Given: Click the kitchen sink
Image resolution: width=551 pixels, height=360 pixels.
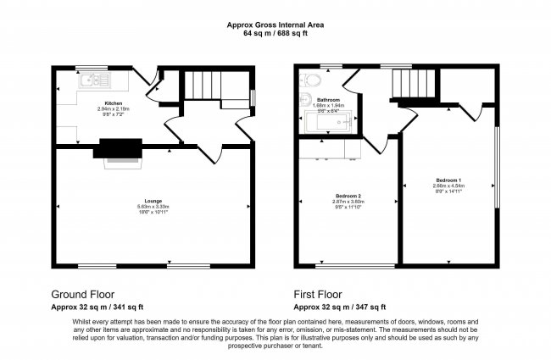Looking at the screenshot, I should point(94,80).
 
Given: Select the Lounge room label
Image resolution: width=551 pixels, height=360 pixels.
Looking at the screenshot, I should point(153,201).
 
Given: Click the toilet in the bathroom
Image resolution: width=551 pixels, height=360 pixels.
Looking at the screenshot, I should point(311,82).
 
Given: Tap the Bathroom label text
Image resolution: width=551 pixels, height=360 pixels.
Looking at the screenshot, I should point(329,99).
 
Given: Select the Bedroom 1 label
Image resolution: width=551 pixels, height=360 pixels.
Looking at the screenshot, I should point(449,180).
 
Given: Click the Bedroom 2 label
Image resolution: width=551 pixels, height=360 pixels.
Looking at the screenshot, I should point(348,196).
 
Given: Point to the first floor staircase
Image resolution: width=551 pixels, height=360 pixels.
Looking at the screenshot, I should point(411,83).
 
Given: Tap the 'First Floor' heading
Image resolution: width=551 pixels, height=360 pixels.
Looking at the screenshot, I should point(323,295).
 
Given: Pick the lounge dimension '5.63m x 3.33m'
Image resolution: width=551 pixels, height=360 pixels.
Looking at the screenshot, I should point(153,207).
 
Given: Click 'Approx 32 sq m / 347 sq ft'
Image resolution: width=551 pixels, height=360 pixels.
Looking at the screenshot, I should point(340,307).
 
